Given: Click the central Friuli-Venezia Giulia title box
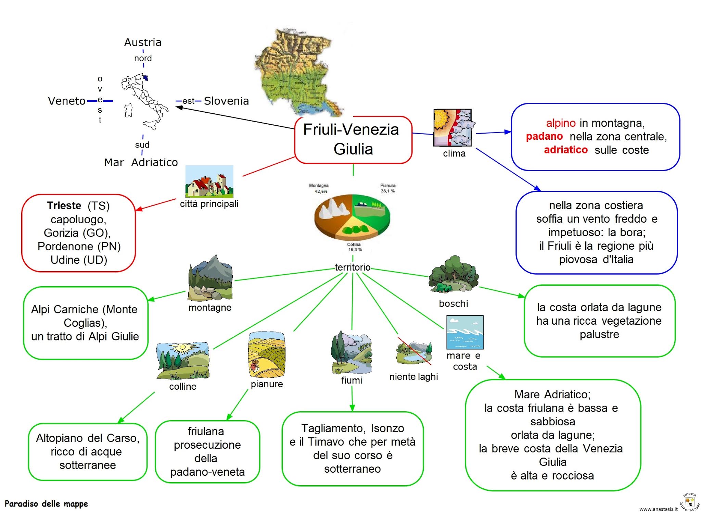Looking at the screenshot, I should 353,139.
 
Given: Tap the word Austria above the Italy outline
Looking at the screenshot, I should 142,42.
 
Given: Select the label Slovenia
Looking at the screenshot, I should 226,101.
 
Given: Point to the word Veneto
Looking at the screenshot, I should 66,101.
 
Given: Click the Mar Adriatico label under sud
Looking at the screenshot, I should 141,162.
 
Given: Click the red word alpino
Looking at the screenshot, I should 561,123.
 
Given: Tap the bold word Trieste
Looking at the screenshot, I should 64,205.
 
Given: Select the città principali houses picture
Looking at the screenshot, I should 209,182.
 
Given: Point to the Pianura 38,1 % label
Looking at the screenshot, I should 387,188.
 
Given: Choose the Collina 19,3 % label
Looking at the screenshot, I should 354,247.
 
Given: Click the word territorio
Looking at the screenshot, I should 353,267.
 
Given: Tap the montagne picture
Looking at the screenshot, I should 210,277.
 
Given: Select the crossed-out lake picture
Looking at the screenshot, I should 413,352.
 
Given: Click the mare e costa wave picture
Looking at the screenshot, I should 465,332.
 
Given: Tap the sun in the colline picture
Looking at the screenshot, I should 182,348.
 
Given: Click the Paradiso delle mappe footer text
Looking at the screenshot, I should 46,504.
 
